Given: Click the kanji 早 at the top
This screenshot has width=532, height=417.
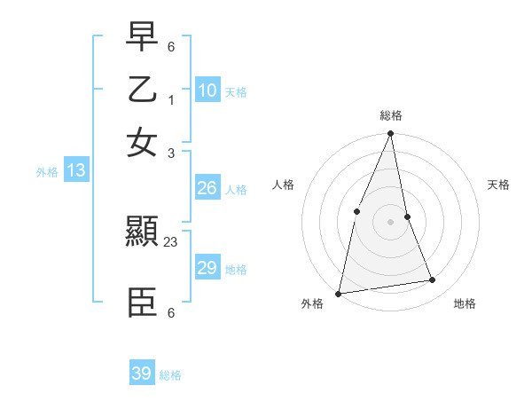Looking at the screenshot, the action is (142, 37).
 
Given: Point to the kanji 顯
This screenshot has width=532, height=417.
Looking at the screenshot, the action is (142, 233).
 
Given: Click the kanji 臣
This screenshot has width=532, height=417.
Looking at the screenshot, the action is (142, 303).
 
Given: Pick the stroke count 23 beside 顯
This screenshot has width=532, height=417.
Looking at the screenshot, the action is (171, 242).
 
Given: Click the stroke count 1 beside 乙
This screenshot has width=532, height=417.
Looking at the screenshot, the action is (171, 98).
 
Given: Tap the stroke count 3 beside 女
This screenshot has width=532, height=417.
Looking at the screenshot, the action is (171, 153).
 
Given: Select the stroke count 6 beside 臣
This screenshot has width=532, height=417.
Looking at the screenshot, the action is (171, 312).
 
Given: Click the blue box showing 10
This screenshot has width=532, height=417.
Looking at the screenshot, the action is (207, 90).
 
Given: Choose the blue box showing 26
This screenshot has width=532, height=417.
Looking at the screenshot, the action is (207, 188).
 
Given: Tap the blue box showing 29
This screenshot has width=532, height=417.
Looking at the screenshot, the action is (207, 268).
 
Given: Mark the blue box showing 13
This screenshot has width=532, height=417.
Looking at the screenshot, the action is (75, 170).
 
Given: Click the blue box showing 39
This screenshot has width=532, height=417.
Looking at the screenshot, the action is (142, 374).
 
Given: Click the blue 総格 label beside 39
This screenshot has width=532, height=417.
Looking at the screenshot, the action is (170, 375).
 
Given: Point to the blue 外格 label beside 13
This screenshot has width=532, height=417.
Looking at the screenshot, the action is (47, 172).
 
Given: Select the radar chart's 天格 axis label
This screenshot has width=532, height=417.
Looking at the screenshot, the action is (498, 185).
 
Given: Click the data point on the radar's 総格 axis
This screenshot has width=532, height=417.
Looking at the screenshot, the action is (390, 134).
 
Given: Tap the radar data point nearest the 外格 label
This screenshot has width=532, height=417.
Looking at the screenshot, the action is (338, 293).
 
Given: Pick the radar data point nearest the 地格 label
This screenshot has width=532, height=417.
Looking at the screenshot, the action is (433, 280).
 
